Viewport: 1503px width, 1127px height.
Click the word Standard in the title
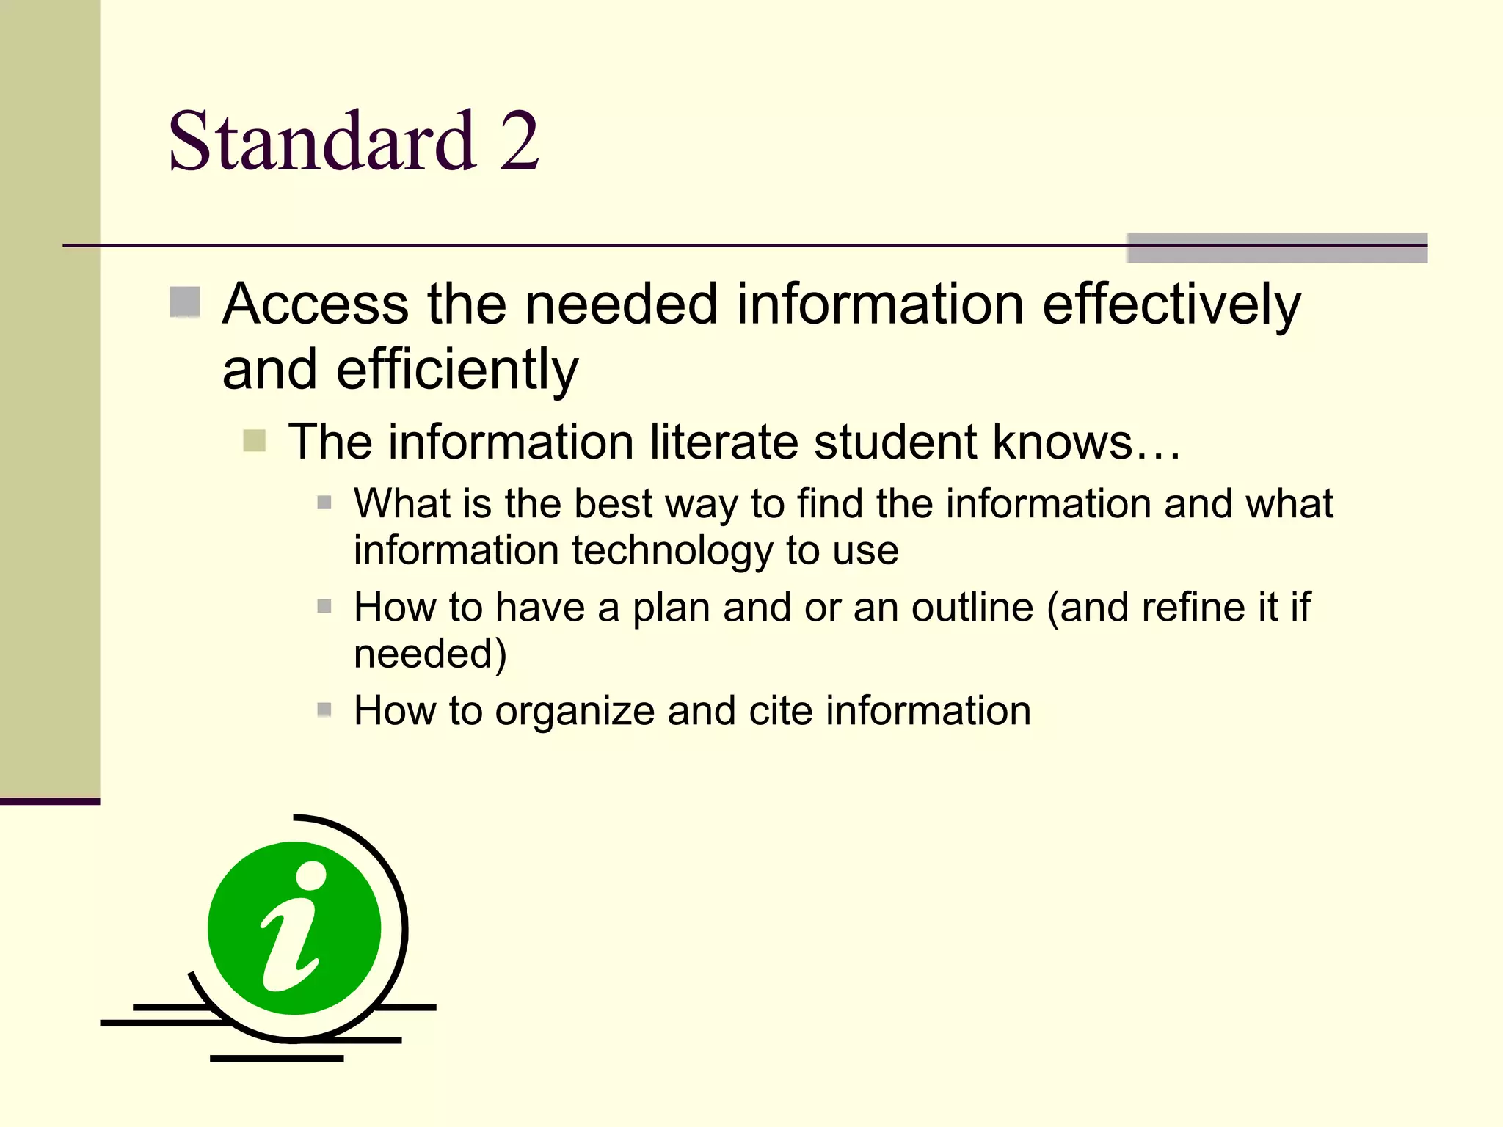(x=321, y=141)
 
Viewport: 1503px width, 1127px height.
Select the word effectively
(x=1171, y=305)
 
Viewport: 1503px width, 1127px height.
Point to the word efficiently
(x=457, y=371)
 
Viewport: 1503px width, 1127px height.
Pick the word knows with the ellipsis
(x=1087, y=442)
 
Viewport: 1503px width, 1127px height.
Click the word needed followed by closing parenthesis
(x=429, y=654)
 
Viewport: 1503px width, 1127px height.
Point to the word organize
(x=575, y=712)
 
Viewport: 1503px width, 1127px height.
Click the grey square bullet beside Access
(x=185, y=302)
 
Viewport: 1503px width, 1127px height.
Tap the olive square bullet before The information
(x=254, y=441)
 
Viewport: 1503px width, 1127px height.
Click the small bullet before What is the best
(x=324, y=503)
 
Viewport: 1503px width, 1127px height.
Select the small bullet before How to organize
(x=324, y=710)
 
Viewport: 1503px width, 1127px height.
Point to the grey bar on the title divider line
(x=1276, y=247)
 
